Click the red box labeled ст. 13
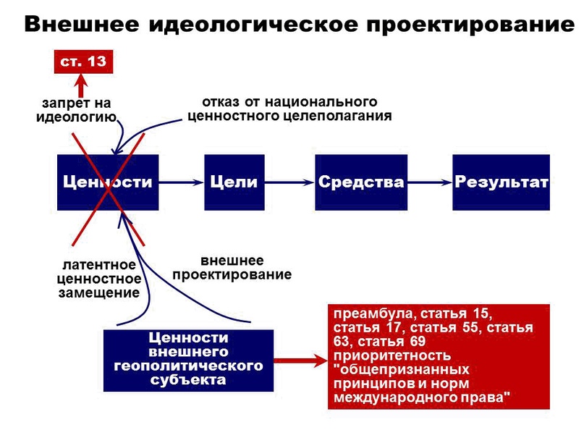[x=83, y=62]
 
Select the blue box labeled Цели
[x=234, y=182]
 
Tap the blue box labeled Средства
[x=361, y=182]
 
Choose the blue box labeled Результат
[x=501, y=182]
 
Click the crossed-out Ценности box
[x=108, y=182]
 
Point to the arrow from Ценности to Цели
[x=182, y=182]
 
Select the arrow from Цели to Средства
[x=289, y=182]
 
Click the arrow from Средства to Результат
[x=430, y=182]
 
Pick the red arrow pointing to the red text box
[x=300, y=361]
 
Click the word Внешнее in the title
[x=82, y=25]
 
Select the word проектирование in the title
[x=470, y=25]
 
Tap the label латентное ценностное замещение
[x=99, y=279]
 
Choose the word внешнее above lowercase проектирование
[x=232, y=261]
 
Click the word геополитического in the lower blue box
[x=188, y=366]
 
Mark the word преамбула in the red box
[x=374, y=313]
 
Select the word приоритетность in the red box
[x=392, y=355]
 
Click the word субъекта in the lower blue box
[x=188, y=380]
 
